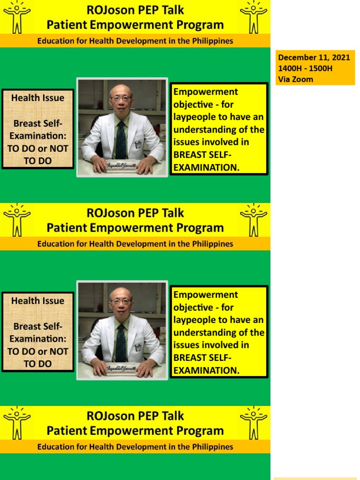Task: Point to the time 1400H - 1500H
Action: tap(305, 68)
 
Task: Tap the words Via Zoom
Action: tap(295, 79)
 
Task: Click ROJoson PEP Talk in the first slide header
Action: tap(135, 10)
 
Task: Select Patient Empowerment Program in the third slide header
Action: tap(135, 431)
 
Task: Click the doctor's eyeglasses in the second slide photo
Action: tap(121, 302)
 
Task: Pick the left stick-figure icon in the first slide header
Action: tap(17, 18)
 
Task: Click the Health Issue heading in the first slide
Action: tap(38, 98)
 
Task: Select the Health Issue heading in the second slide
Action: tap(38, 301)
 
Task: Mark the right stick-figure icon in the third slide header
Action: tap(254, 422)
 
